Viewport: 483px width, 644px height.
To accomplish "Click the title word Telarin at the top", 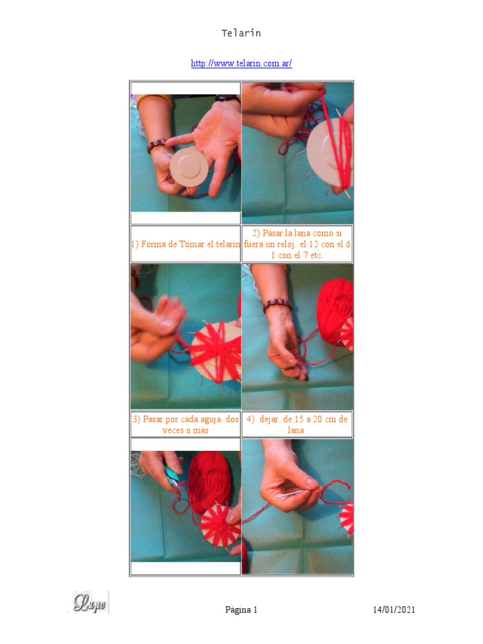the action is [x=241, y=33].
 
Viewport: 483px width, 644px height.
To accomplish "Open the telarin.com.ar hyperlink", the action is [x=241, y=64].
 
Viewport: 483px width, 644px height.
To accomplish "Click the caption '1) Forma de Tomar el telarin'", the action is [x=186, y=244].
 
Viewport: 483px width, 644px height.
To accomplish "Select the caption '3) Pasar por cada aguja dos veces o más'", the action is [x=186, y=425].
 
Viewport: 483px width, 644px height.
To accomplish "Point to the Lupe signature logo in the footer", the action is [x=91, y=602].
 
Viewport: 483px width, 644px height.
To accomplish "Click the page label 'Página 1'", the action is [x=241, y=609].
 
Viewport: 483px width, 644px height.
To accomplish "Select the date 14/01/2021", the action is [x=394, y=609].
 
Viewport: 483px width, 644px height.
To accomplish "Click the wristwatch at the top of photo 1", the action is [x=227, y=98].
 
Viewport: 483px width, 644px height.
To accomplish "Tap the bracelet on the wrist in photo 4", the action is [x=277, y=305].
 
